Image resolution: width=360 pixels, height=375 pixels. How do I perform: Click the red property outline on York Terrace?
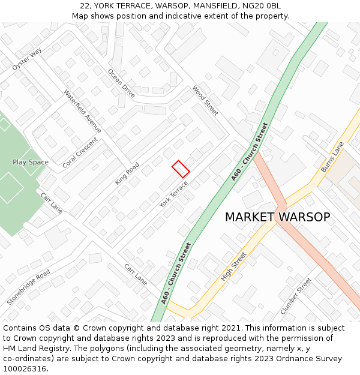(x=181, y=169)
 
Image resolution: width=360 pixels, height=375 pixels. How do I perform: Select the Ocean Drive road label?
(x=121, y=83)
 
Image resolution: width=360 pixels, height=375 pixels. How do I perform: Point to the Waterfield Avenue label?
(x=82, y=112)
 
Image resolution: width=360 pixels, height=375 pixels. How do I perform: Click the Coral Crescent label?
(x=80, y=152)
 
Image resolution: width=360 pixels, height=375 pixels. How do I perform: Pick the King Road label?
(x=127, y=173)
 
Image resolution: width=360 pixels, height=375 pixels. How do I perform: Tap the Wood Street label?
(x=205, y=100)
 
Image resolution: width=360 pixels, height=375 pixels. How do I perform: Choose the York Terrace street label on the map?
(x=174, y=194)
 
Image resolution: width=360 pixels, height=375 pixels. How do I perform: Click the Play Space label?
(x=31, y=163)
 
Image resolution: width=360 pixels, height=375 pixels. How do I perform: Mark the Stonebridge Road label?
(x=28, y=287)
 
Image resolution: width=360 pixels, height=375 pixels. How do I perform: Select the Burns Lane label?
(x=332, y=157)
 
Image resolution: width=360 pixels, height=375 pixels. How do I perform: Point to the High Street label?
(x=233, y=266)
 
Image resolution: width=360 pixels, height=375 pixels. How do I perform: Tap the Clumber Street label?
(x=296, y=296)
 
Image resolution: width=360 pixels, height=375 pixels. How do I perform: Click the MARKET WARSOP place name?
(x=277, y=217)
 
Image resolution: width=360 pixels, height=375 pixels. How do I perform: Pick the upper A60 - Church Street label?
(x=250, y=151)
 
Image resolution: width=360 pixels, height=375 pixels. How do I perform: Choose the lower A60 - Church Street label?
(x=176, y=272)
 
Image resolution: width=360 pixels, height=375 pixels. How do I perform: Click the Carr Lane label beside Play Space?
(x=52, y=203)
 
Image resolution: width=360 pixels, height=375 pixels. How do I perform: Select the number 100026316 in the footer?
(x=25, y=368)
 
